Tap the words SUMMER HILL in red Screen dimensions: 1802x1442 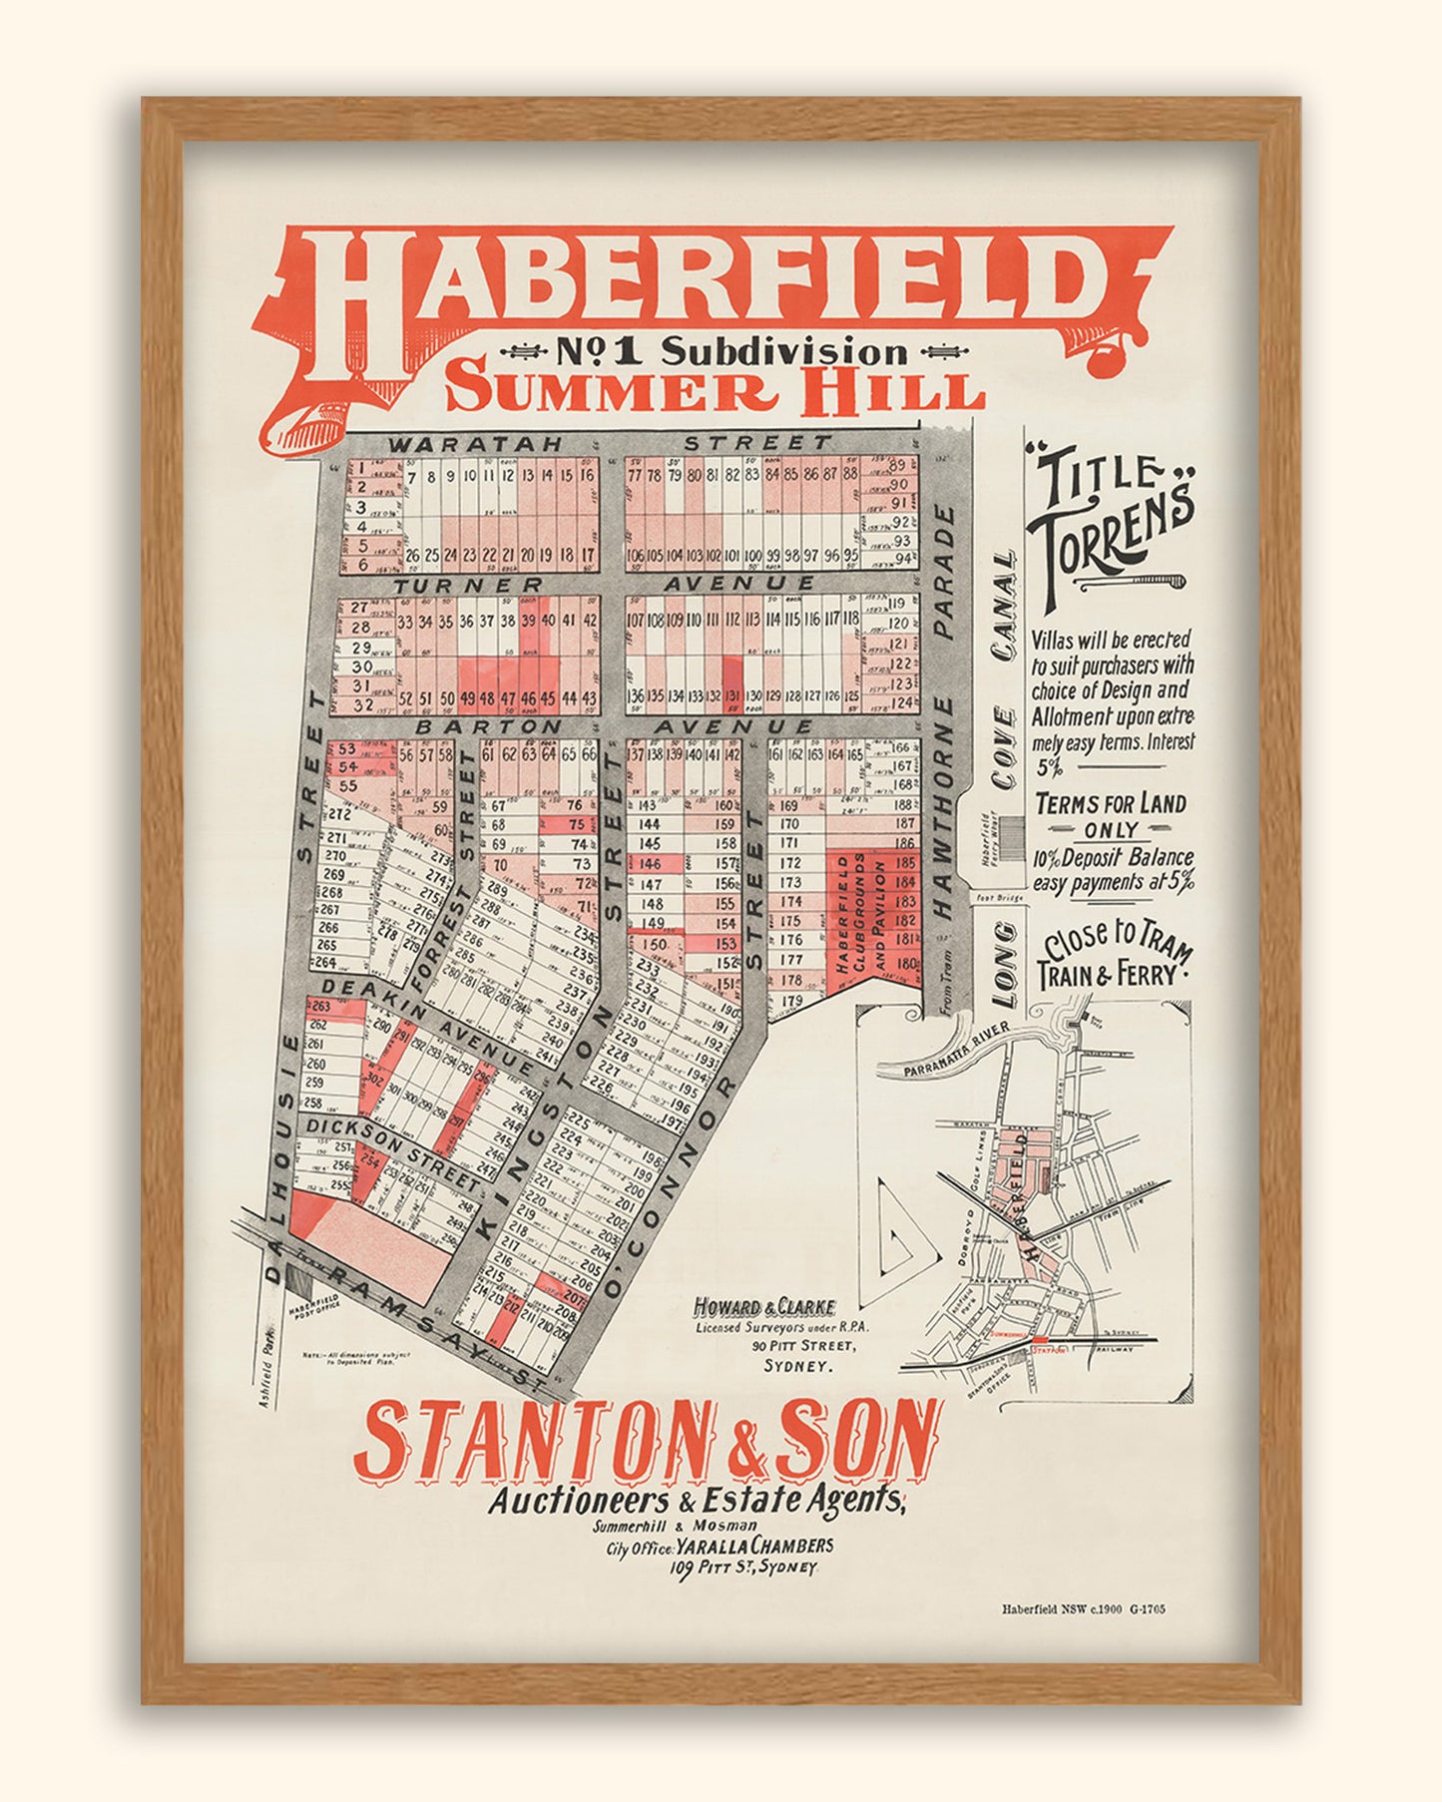click(715, 391)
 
